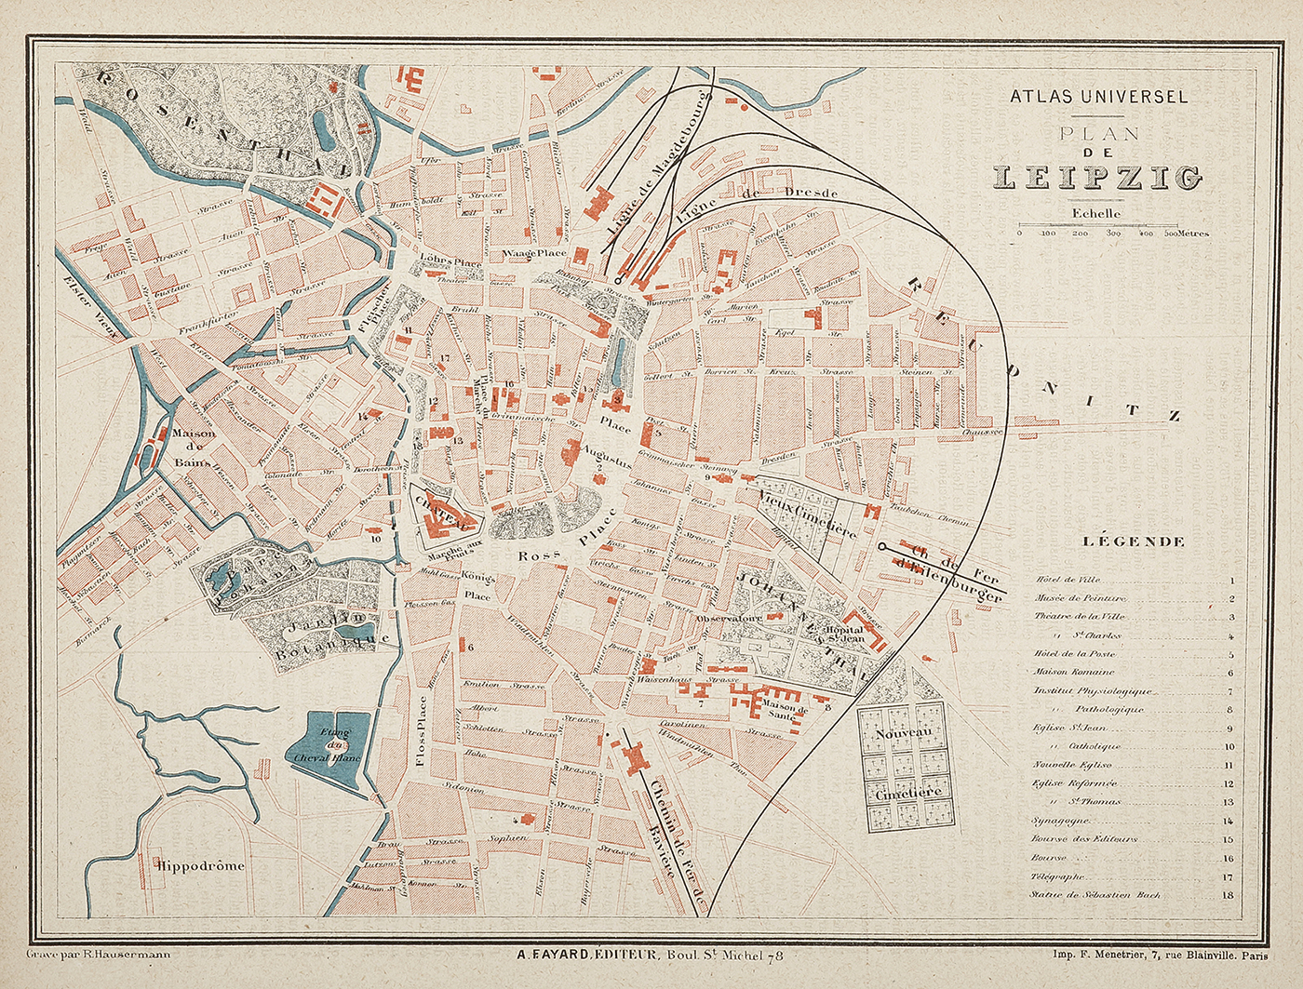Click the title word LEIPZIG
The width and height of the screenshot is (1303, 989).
[x=1097, y=177]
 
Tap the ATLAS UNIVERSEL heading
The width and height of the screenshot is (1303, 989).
[x=1098, y=96]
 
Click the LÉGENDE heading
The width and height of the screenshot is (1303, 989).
[x=1134, y=541]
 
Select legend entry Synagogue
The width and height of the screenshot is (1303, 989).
[x=1061, y=821]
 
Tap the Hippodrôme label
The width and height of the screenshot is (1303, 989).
[x=201, y=865]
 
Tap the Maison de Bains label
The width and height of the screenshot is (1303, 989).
[x=195, y=447]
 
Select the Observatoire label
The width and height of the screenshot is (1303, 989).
[x=730, y=618]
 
